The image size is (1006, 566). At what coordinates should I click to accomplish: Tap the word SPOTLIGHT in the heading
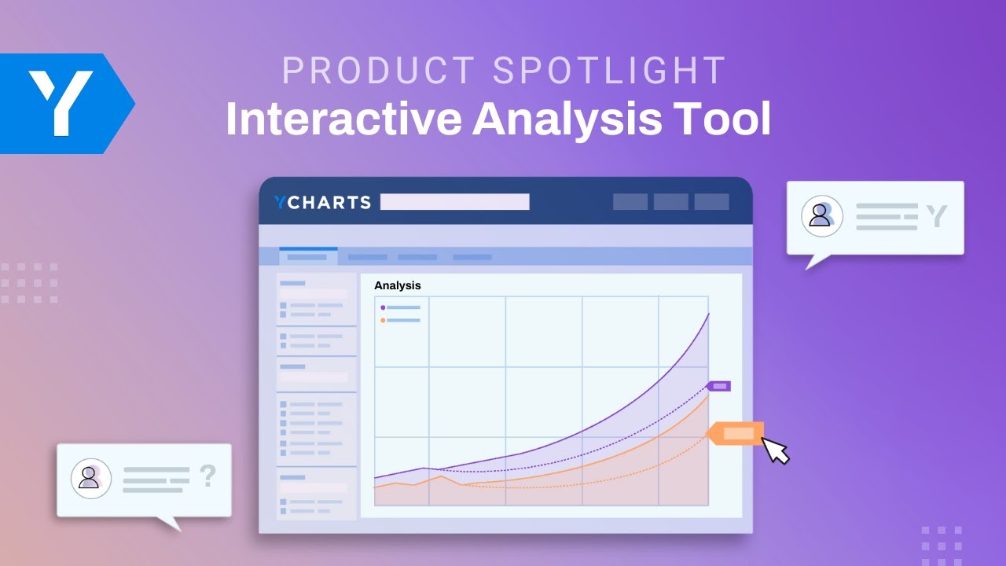[x=610, y=72]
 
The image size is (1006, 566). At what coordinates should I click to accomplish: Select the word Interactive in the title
[x=343, y=119]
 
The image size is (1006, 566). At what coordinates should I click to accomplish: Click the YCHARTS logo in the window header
[x=322, y=202]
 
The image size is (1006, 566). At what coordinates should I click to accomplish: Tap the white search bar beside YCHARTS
[x=454, y=202]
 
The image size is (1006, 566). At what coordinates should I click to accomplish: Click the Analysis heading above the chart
[x=397, y=285]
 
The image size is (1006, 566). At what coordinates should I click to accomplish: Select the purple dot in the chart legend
[x=383, y=307]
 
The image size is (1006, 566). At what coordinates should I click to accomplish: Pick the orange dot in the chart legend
[x=383, y=320]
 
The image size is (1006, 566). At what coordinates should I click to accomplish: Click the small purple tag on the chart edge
[x=719, y=386]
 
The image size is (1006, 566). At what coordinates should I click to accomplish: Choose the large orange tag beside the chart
[x=736, y=433]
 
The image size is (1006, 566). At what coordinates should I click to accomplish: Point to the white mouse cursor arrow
[x=775, y=450]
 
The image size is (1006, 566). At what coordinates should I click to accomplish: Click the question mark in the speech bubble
[x=207, y=476]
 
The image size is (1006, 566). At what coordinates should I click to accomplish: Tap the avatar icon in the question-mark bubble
[x=90, y=478]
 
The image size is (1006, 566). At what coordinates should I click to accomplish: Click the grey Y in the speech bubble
[x=936, y=216]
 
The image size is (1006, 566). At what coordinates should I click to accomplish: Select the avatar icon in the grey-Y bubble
[x=821, y=216]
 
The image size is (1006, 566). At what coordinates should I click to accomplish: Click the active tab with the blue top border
[x=307, y=256]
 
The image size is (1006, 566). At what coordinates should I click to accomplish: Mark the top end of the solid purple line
[x=709, y=314]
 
